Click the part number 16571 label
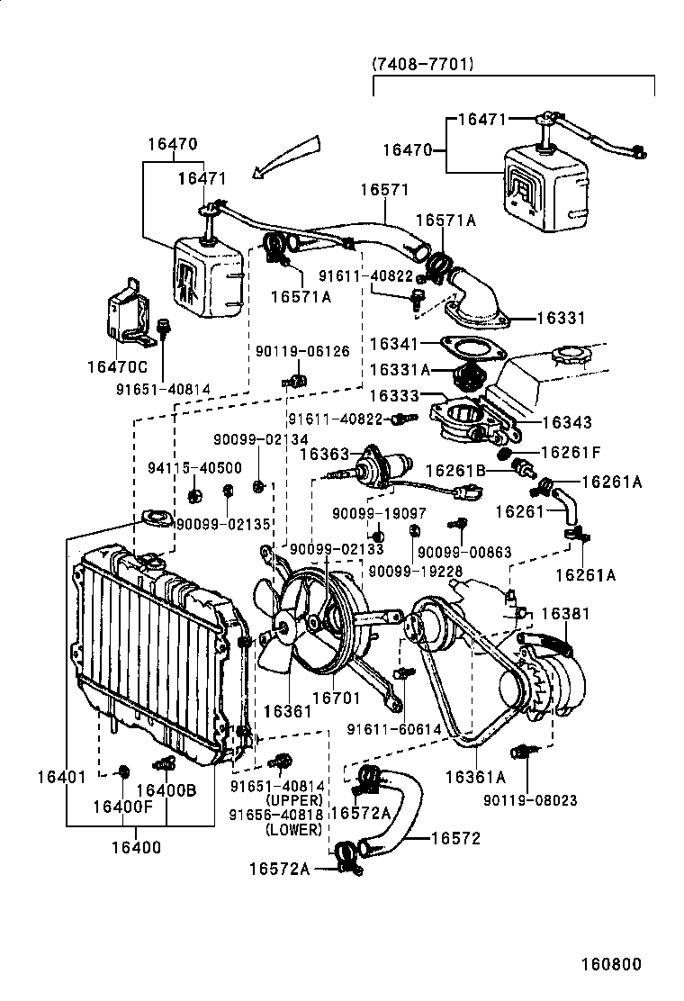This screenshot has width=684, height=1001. click(384, 190)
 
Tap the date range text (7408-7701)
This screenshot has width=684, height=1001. click(422, 64)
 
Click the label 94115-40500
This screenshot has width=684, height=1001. click(182, 467)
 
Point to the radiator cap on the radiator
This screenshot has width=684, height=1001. click(155, 519)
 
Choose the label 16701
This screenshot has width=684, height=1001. click(336, 696)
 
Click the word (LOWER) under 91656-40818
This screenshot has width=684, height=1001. click(293, 830)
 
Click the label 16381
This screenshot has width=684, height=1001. click(565, 613)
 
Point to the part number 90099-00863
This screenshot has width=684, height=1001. click(452, 552)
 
